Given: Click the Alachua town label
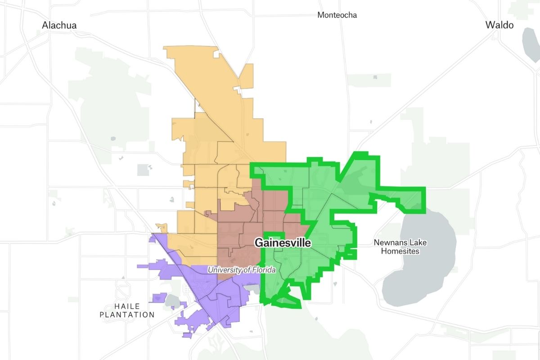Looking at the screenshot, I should click(x=59, y=25).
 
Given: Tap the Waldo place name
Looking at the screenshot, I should click(x=499, y=25).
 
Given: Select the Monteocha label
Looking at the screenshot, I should click(x=337, y=15).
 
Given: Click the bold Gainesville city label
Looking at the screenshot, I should click(x=283, y=243).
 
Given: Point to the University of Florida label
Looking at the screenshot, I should click(x=241, y=270).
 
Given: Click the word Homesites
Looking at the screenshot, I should click(x=400, y=251).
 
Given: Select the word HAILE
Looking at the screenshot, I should click(x=127, y=306).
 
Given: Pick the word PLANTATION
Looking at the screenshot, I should click(x=127, y=315).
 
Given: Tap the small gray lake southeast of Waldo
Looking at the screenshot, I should click(x=531, y=45).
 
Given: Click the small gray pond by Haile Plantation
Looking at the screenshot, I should click(x=172, y=301).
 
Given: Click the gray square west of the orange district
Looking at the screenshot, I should click(x=144, y=170).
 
